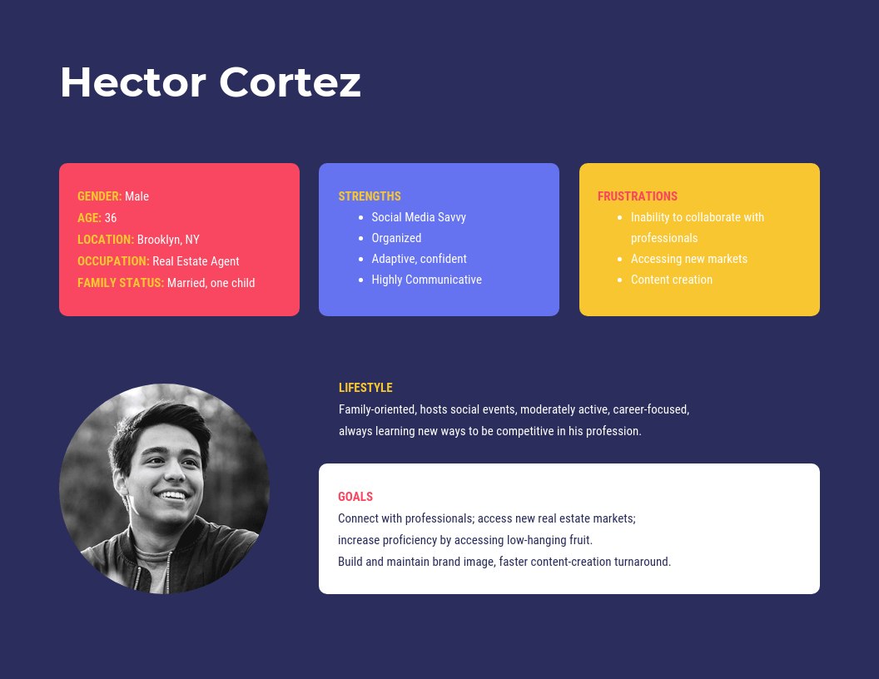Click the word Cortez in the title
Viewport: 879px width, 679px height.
tap(290, 82)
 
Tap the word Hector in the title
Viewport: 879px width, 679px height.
tap(133, 82)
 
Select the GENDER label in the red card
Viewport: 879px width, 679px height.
tap(100, 196)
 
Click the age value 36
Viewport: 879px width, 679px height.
tap(111, 218)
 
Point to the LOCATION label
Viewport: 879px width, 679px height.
tap(106, 240)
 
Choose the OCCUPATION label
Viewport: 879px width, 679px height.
tap(113, 261)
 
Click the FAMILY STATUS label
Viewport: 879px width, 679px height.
tap(121, 283)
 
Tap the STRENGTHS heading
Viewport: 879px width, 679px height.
tap(370, 196)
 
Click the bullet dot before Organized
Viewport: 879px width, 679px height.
tap(361, 239)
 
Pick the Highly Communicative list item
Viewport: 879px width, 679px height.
tap(427, 280)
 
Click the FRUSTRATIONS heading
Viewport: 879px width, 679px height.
tap(638, 196)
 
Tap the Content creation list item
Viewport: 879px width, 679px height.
tap(672, 280)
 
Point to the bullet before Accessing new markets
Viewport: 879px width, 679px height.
tap(619, 260)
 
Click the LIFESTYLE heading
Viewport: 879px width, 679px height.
tap(365, 388)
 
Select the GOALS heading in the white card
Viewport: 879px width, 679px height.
tap(355, 497)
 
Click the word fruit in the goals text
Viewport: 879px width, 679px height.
tap(579, 540)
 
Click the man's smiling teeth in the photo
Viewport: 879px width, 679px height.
tap(172, 496)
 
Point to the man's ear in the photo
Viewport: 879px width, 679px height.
tap(119, 481)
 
